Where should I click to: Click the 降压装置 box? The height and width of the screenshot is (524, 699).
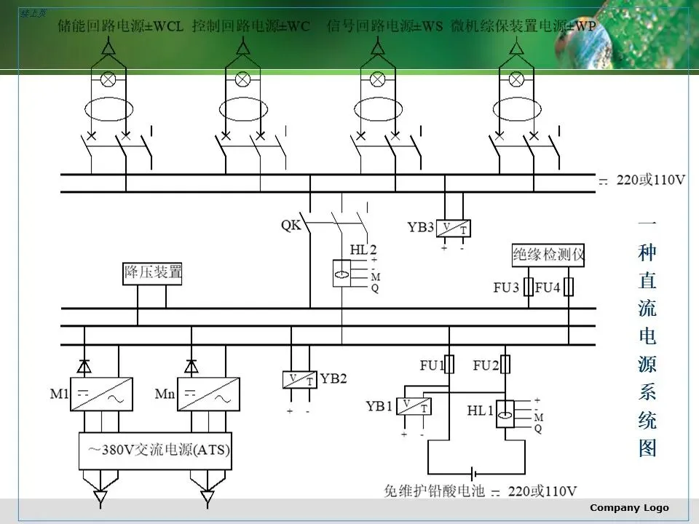click(x=153, y=274)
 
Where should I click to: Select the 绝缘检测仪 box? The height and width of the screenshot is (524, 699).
click(x=548, y=255)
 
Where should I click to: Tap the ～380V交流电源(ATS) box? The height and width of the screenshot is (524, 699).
click(x=154, y=450)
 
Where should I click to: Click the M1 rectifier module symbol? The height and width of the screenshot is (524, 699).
click(x=101, y=394)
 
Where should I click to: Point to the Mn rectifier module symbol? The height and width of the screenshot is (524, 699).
click(x=208, y=394)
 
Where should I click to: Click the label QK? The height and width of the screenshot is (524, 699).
click(x=291, y=225)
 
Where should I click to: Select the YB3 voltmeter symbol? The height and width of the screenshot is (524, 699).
click(x=453, y=229)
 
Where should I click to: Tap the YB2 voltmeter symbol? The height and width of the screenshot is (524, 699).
click(x=300, y=380)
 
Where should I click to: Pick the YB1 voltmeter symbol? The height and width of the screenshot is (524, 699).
click(x=414, y=408)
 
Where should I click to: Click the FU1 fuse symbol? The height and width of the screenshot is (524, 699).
click(x=449, y=364)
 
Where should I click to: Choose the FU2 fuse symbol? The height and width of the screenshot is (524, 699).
click(x=505, y=364)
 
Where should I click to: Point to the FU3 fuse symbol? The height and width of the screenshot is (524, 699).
click(x=529, y=287)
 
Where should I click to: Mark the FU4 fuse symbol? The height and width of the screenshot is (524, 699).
click(x=569, y=287)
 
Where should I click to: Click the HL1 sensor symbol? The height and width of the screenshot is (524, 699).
click(x=505, y=414)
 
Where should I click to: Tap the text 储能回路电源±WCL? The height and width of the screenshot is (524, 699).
click(x=120, y=26)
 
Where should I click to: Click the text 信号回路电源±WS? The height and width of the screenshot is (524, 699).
click(x=384, y=26)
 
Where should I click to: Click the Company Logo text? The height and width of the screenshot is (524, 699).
click(x=629, y=508)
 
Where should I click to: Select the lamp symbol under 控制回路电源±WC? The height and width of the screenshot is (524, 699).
click(x=242, y=78)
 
